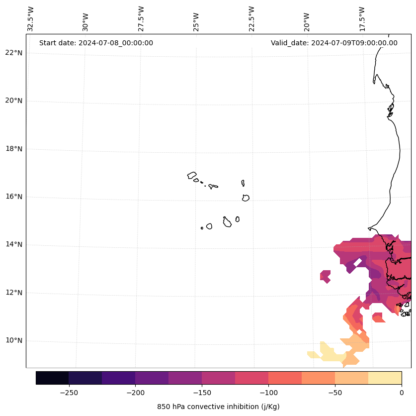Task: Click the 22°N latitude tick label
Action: point(14,53)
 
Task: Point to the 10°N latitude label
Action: point(14,341)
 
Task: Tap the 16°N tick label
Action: point(14,197)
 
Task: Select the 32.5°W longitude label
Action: point(31,19)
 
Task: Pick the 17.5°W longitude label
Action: point(362,19)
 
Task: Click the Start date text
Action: point(96,43)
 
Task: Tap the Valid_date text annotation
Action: point(334,43)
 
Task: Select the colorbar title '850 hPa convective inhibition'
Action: point(218,407)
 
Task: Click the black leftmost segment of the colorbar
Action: point(52,378)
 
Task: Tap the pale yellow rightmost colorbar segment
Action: point(385,378)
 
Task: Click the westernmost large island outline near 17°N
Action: point(192,175)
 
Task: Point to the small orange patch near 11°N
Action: point(378,317)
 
